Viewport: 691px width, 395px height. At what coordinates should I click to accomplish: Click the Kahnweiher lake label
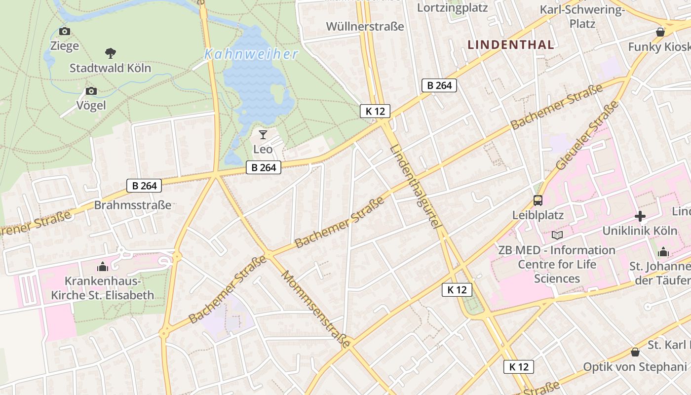[x=251, y=54]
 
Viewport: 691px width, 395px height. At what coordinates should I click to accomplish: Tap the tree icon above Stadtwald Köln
[x=111, y=53]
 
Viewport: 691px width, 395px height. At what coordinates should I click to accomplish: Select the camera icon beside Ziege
[x=64, y=32]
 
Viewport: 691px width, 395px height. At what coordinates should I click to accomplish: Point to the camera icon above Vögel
[x=91, y=91]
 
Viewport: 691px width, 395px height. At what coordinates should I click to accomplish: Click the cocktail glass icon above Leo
[x=263, y=134]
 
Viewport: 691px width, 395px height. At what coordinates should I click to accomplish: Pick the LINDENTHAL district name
[x=511, y=45]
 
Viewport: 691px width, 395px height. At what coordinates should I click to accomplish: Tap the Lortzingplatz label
[x=452, y=8]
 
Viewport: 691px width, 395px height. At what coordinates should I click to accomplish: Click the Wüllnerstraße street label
[x=365, y=26]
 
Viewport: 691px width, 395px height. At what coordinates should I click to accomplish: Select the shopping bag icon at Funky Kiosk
[x=660, y=32]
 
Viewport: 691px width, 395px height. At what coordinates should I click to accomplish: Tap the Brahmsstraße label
[x=133, y=205]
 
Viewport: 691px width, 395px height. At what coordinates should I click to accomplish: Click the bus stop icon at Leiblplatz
[x=537, y=200]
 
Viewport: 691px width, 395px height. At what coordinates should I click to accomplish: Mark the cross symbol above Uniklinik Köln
[x=640, y=216]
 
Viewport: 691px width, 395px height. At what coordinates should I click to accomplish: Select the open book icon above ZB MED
[x=557, y=235]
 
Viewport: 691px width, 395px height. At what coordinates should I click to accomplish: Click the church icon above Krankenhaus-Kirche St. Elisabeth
[x=103, y=267]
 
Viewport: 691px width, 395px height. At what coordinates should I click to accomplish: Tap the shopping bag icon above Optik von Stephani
[x=635, y=352]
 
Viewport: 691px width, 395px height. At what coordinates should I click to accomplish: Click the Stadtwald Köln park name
[x=110, y=68]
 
